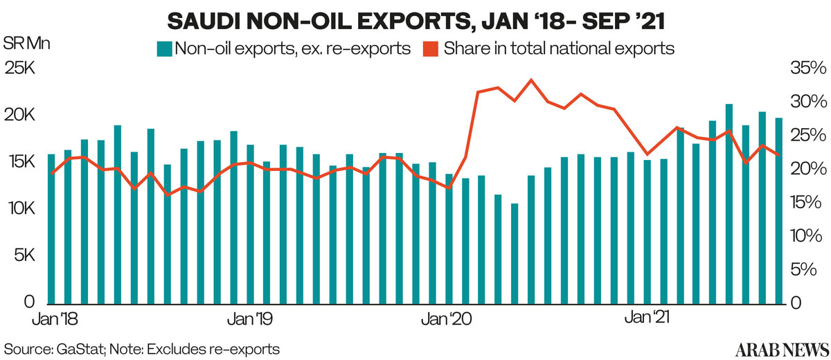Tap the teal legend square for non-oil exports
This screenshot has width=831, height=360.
[x=164, y=49]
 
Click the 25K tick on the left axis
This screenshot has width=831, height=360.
[x=19, y=69]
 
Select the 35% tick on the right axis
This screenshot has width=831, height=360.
[x=807, y=69]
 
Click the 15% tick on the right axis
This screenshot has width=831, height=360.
[x=807, y=203]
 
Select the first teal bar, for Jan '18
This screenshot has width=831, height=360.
[x=51, y=228]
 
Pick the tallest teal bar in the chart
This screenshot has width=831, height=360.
[x=729, y=204]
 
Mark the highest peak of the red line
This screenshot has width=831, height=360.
[x=530, y=80]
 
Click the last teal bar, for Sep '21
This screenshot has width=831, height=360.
[x=778, y=211]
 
